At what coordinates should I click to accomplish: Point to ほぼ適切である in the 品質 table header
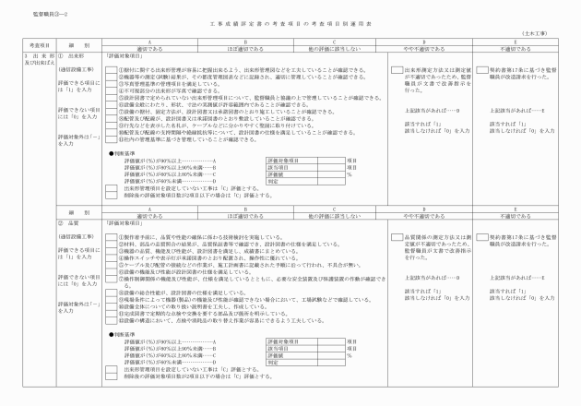coord(241,215)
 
